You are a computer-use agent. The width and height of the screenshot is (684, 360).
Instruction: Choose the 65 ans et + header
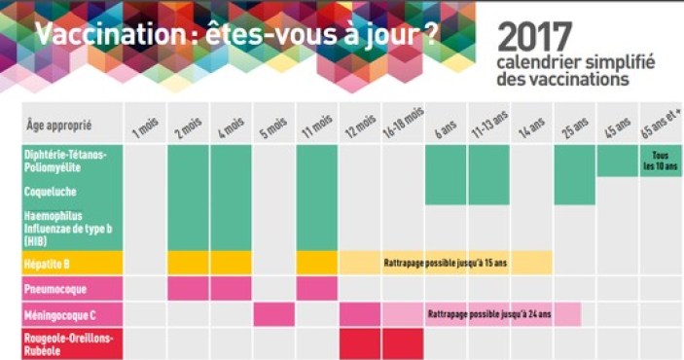662,125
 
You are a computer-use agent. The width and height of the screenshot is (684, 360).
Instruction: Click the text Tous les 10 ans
661,161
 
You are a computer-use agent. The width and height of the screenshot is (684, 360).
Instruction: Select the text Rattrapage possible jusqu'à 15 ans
445,263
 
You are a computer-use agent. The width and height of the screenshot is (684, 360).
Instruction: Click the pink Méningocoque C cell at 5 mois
274,315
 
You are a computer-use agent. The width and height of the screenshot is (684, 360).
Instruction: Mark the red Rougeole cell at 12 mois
360,342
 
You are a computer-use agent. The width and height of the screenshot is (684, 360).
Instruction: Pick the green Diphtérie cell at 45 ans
617,161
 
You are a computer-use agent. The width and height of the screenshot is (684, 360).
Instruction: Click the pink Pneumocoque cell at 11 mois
317,289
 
